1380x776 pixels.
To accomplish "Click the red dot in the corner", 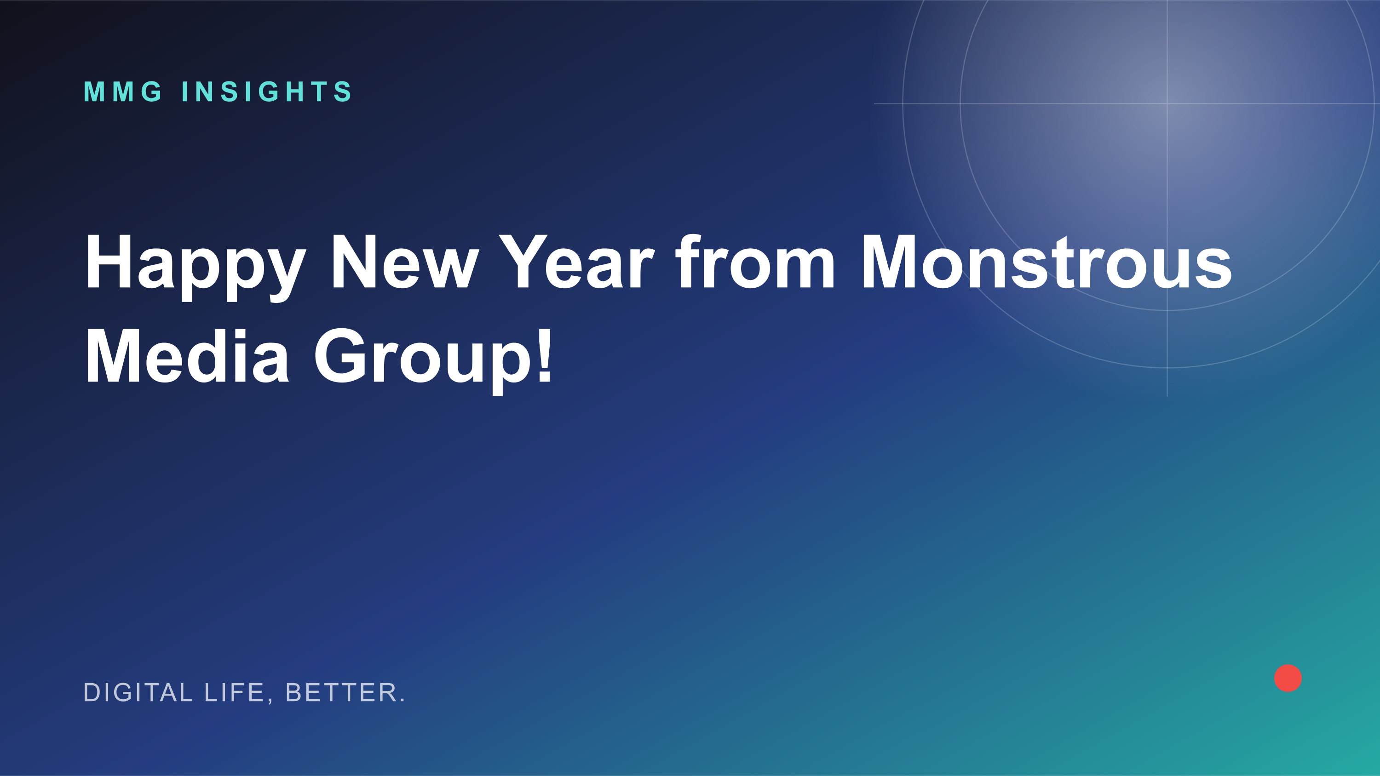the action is click(x=1288, y=678).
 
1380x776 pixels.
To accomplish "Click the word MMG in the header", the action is click(x=123, y=91).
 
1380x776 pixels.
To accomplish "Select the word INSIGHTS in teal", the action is click(x=267, y=91).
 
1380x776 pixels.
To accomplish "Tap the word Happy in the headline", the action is click(x=195, y=268).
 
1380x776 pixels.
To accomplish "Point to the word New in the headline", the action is click(x=405, y=261).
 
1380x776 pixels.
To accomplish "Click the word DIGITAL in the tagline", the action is click(x=138, y=692).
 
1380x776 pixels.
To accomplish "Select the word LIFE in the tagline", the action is click(x=234, y=692).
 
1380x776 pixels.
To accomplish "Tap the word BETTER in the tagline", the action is click(x=341, y=692).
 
